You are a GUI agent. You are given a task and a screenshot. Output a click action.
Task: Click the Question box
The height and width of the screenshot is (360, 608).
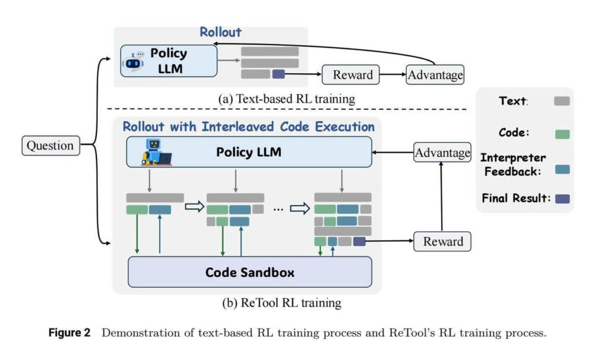click(x=50, y=146)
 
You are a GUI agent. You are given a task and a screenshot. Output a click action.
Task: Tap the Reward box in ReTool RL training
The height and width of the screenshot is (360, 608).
click(x=442, y=241)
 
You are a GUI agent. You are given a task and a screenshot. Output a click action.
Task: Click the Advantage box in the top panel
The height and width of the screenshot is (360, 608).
click(x=435, y=75)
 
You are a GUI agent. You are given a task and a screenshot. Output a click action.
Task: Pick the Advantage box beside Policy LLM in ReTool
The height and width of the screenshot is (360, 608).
click(x=442, y=153)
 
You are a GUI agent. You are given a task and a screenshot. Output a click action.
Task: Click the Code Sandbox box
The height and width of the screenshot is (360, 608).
click(x=250, y=273)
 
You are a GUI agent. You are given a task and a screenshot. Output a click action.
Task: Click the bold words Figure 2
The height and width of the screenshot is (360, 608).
click(x=69, y=333)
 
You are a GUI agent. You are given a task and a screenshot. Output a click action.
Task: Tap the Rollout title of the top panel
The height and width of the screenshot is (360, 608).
click(x=220, y=33)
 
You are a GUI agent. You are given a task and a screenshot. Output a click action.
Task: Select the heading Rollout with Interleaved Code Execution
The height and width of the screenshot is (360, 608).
click(x=248, y=127)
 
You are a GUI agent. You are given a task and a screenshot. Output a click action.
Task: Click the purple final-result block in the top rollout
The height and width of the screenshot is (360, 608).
click(x=278, y=74)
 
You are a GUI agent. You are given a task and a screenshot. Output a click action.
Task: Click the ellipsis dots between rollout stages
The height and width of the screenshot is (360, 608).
click(x=278, y=209)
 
